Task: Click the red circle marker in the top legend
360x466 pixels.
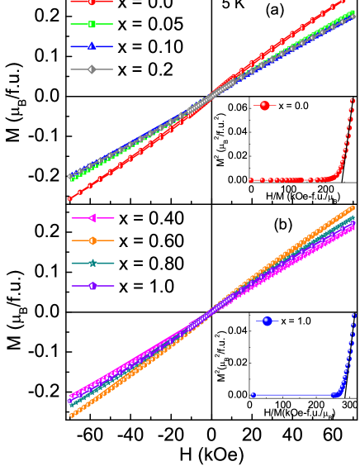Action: [92, 2]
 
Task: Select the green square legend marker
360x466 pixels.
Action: [92, 24]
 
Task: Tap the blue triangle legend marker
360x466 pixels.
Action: [92, 46]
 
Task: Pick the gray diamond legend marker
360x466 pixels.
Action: [92, 69]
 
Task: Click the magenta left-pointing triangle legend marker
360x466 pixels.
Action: [92, 218]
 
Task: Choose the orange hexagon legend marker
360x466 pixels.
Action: [92, 240]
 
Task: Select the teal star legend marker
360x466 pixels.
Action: [92, 263]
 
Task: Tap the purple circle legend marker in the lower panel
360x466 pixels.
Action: [92, 286]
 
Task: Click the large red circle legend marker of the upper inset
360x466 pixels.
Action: [264, 106]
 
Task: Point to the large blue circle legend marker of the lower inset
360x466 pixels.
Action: [267, 321]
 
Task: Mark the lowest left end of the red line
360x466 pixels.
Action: [69, 199]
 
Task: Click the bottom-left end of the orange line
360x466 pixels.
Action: [72, 415]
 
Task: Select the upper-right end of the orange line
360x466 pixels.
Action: [353, 207]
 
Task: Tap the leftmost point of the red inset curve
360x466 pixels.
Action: [251, 179]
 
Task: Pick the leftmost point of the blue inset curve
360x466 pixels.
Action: [253, 395]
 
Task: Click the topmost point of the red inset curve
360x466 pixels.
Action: [353, 101]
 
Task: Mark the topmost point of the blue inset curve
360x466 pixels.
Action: [353, 315]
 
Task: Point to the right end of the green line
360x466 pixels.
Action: [353, 12]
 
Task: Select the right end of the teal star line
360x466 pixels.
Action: [353, 217]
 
